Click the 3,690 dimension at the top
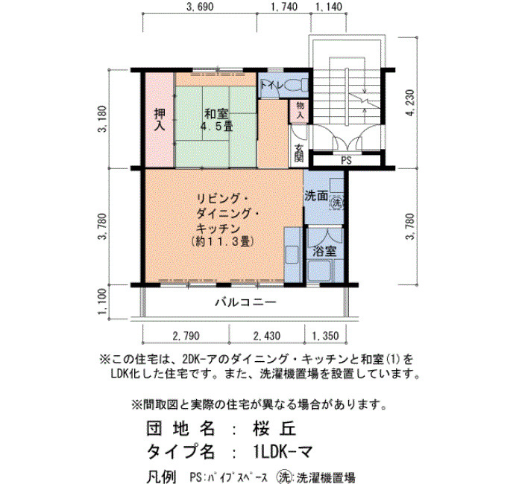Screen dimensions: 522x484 [200, 6]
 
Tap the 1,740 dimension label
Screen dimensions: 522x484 [284, 6]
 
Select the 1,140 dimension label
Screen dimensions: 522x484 [329, 6]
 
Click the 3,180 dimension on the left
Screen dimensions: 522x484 [103, 118]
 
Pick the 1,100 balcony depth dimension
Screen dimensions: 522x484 [103, 302]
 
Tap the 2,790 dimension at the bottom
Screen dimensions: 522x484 [186, 336]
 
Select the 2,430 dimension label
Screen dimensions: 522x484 [267, 336]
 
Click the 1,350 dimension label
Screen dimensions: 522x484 [325, 336]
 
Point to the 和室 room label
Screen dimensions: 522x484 [216, 114]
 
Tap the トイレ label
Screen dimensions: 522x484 [271, 85]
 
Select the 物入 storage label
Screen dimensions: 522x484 [300, 111]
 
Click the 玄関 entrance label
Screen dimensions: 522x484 [299, 153]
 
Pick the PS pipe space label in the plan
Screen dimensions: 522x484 [346, 161]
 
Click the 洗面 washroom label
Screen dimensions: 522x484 [316, 196]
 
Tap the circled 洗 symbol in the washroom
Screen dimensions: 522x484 [337, 203]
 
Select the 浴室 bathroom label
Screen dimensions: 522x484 [324, 251]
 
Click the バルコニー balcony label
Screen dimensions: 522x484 [245, 302]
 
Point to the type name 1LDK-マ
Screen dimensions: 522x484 [283, 451]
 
